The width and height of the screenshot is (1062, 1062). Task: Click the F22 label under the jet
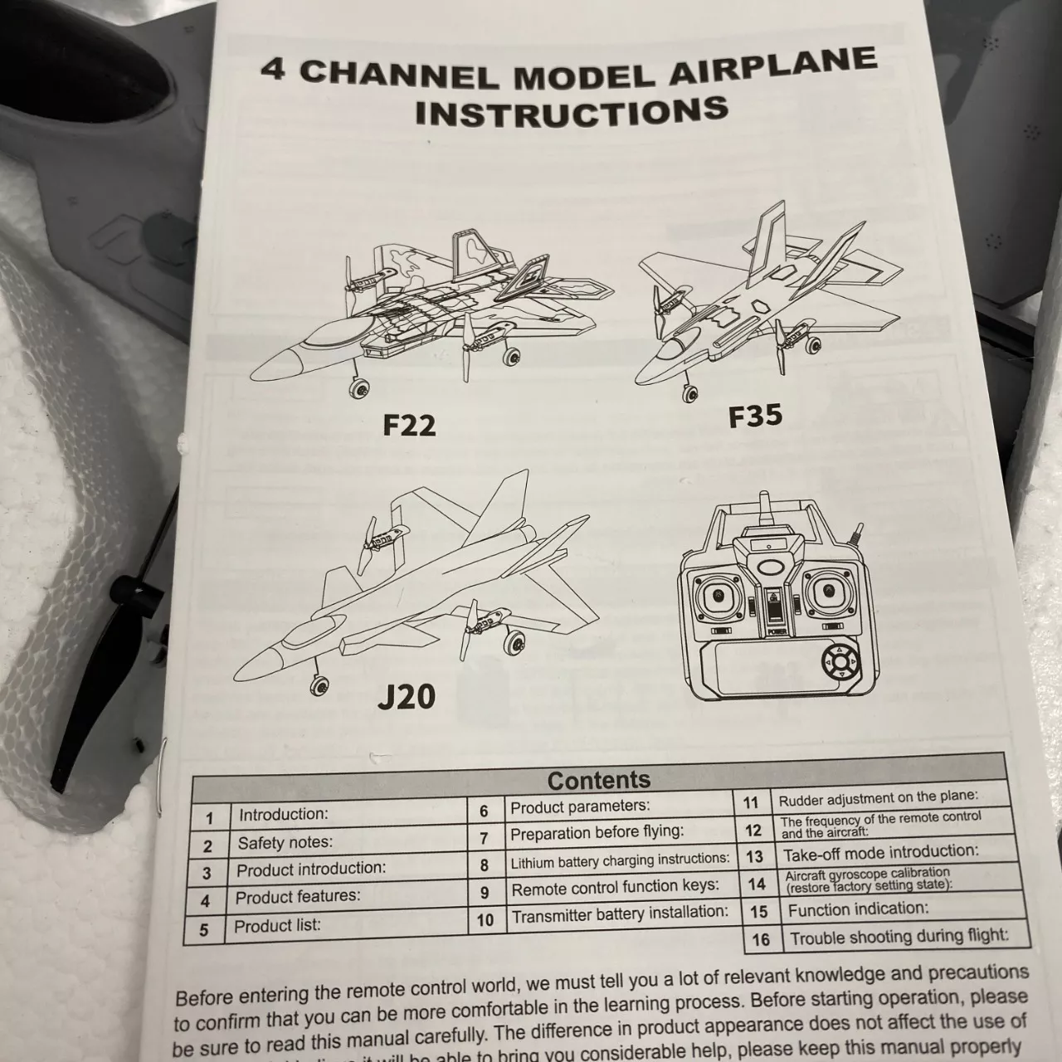[409, 424]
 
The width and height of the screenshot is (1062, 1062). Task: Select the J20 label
[407, 696]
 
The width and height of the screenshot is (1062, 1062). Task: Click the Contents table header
[598, 779]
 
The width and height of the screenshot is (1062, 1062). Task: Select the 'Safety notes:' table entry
[285, 842]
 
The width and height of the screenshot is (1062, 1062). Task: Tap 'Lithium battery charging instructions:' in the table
[620, 860]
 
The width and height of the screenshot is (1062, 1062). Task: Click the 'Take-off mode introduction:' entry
[880, 852]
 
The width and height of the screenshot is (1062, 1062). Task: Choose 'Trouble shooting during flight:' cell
[899, 937]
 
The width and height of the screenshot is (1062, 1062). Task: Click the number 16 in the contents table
[761, 940]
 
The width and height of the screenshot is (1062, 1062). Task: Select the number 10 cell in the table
[485, 920]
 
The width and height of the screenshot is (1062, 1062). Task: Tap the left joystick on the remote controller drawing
[719, 596]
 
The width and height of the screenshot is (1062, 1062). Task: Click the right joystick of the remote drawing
[830, 591]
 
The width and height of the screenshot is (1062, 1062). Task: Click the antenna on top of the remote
[765, 508]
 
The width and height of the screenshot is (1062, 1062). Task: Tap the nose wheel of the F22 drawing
[358, 388]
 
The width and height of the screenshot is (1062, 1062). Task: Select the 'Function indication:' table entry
[858, 909]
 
